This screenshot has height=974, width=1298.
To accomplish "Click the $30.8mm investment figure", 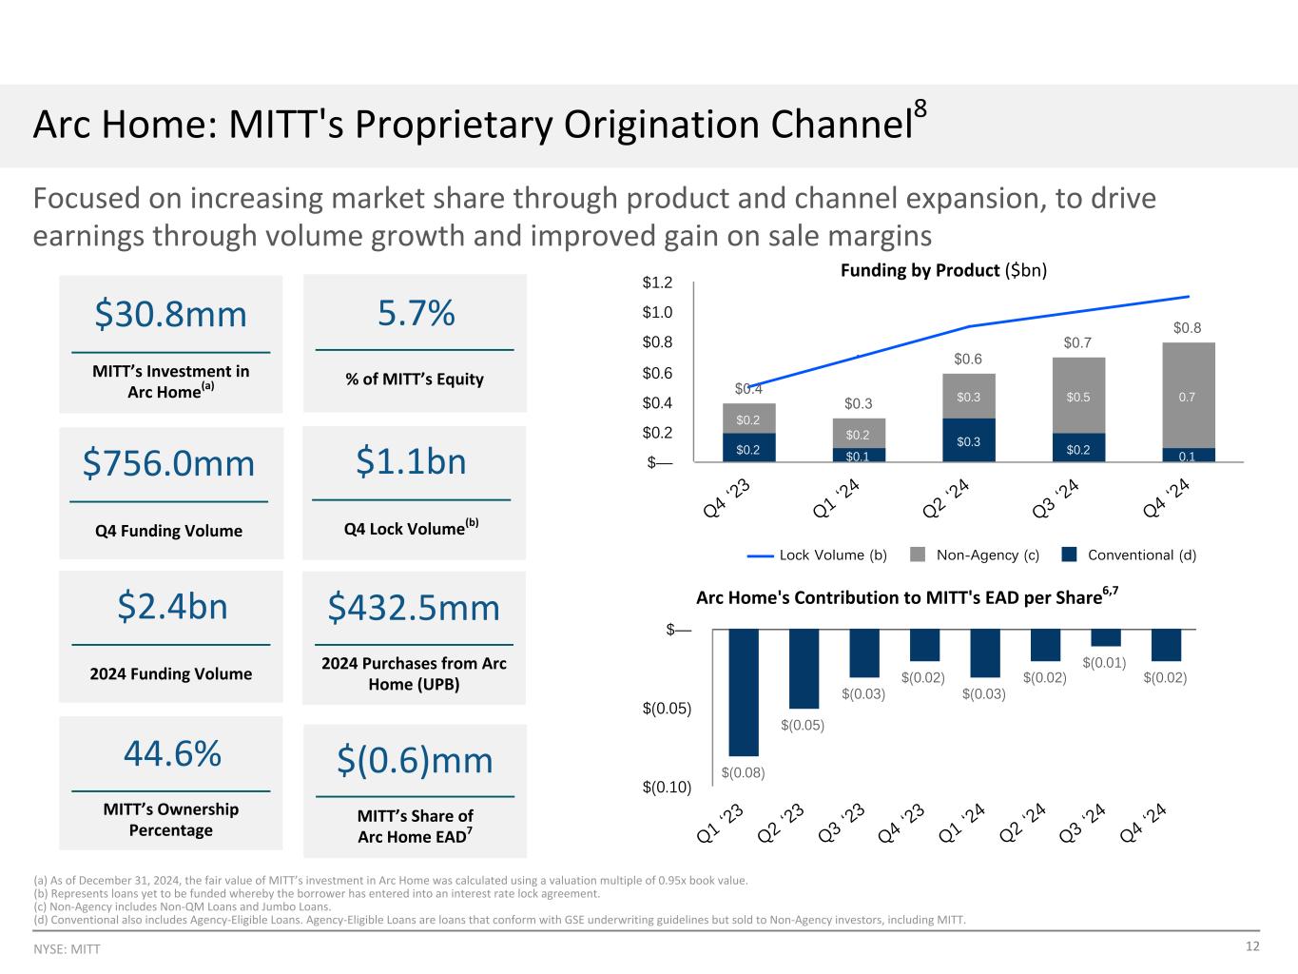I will click(x=170, y=314).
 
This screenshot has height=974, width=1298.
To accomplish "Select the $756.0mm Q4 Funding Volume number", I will click(x=169, y=463).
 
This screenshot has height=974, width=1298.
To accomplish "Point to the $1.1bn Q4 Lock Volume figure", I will click(x=412, y=461).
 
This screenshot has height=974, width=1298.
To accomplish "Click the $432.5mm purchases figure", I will click(x=414, y=607).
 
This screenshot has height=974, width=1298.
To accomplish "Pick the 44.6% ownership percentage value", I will click(x=172, y=753).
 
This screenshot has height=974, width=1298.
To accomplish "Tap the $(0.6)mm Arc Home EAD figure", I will click(x=416, y=760).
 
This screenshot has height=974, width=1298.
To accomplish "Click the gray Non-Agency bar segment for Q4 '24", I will click(x=1188, y=395).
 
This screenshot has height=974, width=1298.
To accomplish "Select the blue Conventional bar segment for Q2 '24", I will click(x=969, y=440).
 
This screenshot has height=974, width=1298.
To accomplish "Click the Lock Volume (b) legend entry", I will click(x=818, y=555).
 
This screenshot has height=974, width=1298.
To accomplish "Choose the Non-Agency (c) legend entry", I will click(x=975, y=555).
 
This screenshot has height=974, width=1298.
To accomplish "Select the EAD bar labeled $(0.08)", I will click(x=744, y=692).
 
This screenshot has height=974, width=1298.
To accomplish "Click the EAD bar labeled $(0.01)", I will click(x=1105, y=637).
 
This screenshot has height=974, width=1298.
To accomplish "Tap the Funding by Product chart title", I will click(x=943, y=270).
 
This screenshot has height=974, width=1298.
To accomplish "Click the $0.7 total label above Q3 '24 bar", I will click(x=1077, y=342).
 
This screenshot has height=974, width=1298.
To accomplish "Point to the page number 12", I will click(x=1252, y=946).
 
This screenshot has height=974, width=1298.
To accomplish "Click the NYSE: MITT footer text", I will click(x=67, y=949).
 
